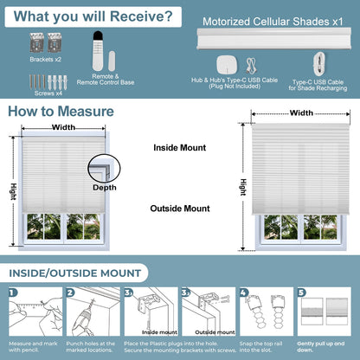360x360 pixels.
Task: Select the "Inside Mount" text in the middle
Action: coord(181,147)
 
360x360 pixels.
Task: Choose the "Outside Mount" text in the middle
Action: coord(181,208)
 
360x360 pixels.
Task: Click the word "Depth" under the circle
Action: coord(105,187)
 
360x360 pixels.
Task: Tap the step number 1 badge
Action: coord(13,292)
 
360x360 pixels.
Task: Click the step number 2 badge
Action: coord(70,292)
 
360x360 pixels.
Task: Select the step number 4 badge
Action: coord(243,292)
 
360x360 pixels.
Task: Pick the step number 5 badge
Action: coord(300,292)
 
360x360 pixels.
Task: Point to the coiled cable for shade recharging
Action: coord(320,62)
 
